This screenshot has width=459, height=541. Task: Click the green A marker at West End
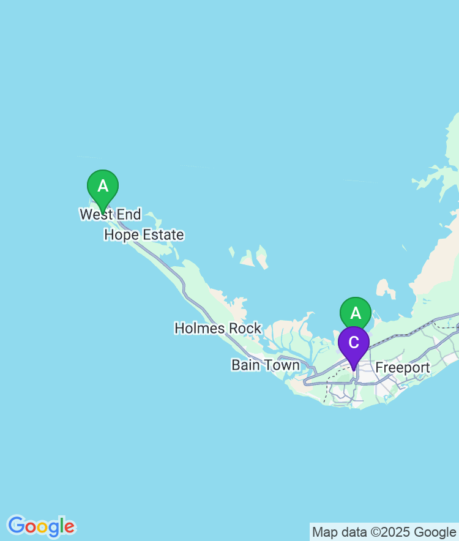tap(103, 186)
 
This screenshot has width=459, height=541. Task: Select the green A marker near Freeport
tap(356, 313)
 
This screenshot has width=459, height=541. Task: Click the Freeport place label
tap(403, 368)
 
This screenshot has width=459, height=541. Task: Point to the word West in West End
tap(95, 215)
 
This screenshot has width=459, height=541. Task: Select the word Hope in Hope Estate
tap(121, 235)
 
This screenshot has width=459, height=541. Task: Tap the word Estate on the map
tap(163, 235)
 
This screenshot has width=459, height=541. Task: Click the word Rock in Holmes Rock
tap(245, 329)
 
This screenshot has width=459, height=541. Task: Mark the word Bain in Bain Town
tap(246, 365)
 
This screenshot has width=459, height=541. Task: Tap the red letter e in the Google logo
tap(70, 527)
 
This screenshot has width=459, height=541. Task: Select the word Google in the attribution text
tap(436, 532)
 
